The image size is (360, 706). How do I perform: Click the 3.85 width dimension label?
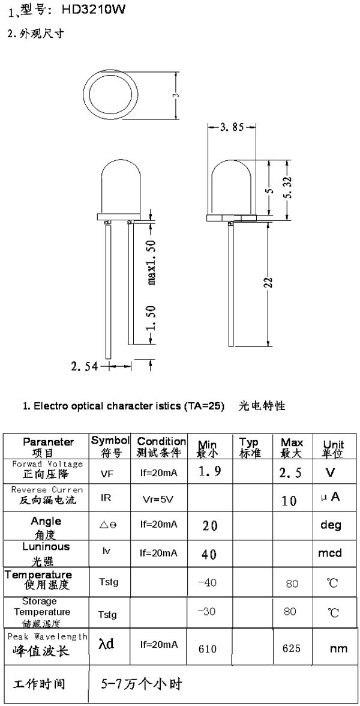pos(232,127)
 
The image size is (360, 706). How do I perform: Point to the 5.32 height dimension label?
pos(289,187)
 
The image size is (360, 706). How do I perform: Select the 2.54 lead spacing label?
pos(85,366)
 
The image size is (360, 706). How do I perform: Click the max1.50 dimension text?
pos(152,262)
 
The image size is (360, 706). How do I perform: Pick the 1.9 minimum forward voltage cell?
pos(210,471)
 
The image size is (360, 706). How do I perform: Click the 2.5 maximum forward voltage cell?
pos(290,473)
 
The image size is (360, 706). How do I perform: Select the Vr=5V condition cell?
pos(157,499)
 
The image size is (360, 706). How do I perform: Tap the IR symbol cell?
pos(106,498)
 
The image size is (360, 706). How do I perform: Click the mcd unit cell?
pos(330,552)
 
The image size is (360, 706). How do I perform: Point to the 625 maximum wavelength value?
pos(291,648)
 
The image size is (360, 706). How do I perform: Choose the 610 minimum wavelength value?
pos(208,649)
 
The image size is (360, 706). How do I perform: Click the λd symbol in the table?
pos(106,644)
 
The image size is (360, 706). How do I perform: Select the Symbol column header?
pos(110,445)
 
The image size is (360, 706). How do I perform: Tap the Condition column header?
pos(161,446)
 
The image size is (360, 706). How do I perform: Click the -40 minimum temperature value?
pos(208,582)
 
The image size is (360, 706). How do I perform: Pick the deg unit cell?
pos(331,525)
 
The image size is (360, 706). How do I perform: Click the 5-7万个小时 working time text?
pos(142,685)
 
